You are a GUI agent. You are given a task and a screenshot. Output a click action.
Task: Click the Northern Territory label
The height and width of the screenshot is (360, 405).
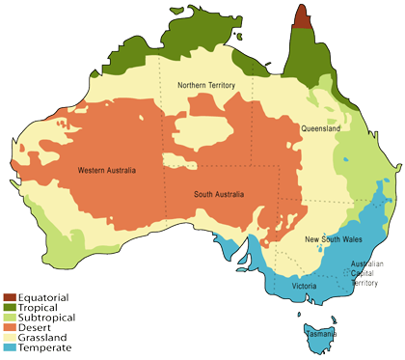[206, 86]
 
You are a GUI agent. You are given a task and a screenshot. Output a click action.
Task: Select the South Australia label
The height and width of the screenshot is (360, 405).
[216, 196]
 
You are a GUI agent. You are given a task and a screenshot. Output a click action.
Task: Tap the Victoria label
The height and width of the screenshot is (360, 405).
[305, 287]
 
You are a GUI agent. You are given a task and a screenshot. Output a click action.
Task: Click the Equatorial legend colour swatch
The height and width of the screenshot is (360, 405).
[10, 296]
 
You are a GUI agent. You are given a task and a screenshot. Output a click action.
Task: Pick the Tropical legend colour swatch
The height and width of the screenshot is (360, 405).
[10, 306]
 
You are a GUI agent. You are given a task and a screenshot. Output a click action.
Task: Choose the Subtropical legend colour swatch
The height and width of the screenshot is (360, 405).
[10, 316]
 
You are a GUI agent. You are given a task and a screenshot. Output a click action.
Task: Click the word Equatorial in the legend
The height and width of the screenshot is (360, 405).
[43, 296]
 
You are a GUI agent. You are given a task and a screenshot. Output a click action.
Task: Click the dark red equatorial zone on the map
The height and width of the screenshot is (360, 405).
[303, 16]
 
